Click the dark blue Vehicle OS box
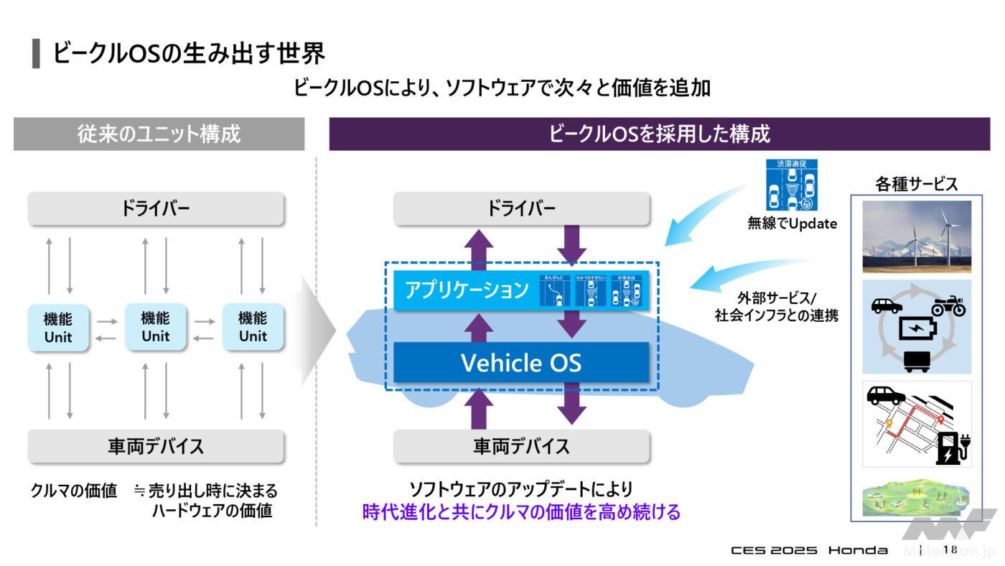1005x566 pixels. pyautogui.click(x=521, y=362)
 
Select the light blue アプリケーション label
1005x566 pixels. pyautogui.click(x=467, y=290)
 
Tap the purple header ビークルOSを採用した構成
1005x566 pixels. pyautogui.click(x=659, y=134)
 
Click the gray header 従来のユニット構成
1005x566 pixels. pyautogui.click(x=159, y=134)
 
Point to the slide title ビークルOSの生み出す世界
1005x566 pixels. pyautogui.click(x=189, y=54)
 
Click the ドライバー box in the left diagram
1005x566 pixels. pyautogui.click(x=156, y=208)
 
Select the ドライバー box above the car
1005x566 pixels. pyautogui.click(x=521, y=208)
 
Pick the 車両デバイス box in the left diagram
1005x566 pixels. pyautogui.click(x=156, y=446)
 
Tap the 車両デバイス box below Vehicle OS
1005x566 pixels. pyautogui.click(x=521, y=446)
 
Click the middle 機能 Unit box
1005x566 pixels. pyautogui.click(x=156, y=327)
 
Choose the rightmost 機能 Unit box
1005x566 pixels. pyautogui.click(x=253, y=327)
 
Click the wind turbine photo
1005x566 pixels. pyautogui.click(x=916, y=236)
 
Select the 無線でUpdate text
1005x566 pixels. pyautogui.click(x=792, y=223)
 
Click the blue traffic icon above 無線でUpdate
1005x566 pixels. pyautogui.click(x=792, y=185)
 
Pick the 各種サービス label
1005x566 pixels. pyautogui.click(x=916, y=184)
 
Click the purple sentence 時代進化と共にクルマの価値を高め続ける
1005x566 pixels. pyautogui.click(x=521, y=512)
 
